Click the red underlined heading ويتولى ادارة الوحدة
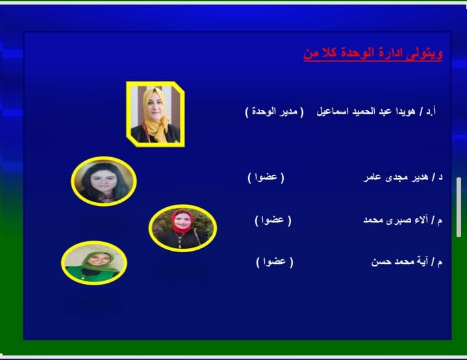tap(373, 54)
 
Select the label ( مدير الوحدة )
tap(274, 112)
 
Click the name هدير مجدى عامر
tap(396, 177)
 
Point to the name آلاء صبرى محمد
tap(396, 220)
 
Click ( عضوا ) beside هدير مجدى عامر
tap(266, 177)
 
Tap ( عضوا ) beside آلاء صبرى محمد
tap(273, 220)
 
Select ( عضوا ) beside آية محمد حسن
tap(275, 262)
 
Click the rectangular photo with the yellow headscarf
tap(155, 114)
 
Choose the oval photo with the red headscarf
tap(183, 228)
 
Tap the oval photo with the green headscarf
tap(94, 263)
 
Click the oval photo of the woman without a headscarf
tap(104, 181)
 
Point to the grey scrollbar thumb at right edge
tap(459, 207)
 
